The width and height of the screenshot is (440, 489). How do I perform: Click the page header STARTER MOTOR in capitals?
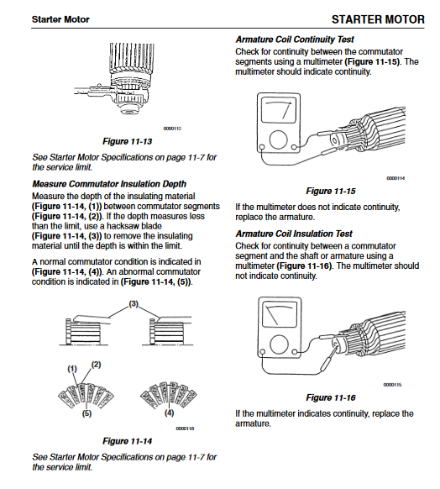[378, 19]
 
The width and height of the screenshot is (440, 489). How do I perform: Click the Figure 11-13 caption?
[127, 141]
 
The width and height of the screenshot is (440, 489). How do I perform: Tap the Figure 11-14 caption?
[127, 441]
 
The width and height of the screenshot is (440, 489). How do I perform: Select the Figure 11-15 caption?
[331, 191]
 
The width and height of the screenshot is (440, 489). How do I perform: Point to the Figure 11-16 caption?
[331, 397]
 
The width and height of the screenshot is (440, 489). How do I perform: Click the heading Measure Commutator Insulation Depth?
[109, 184]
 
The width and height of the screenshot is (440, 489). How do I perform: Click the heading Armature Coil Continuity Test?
[295, 39]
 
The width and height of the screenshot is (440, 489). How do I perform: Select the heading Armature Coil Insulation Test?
[294, 234]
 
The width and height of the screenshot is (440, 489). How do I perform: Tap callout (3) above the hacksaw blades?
[134, 304]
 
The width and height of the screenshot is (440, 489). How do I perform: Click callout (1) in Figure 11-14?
[72, 369]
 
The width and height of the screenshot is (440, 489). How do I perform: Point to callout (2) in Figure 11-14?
[96, 365]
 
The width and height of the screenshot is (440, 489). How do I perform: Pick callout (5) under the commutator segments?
[86, 413]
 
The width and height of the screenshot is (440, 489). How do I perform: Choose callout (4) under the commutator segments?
[170, 413]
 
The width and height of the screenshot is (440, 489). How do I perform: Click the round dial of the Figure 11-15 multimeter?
[278, 139]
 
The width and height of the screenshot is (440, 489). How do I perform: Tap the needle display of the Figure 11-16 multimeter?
[280, 314]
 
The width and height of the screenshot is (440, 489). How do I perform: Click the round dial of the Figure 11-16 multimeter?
[280, 344]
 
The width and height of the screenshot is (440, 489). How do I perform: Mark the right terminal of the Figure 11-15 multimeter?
[294, 147]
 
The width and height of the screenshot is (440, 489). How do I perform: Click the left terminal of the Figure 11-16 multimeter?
[263, 352]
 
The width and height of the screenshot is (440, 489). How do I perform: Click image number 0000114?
[395, 178]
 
